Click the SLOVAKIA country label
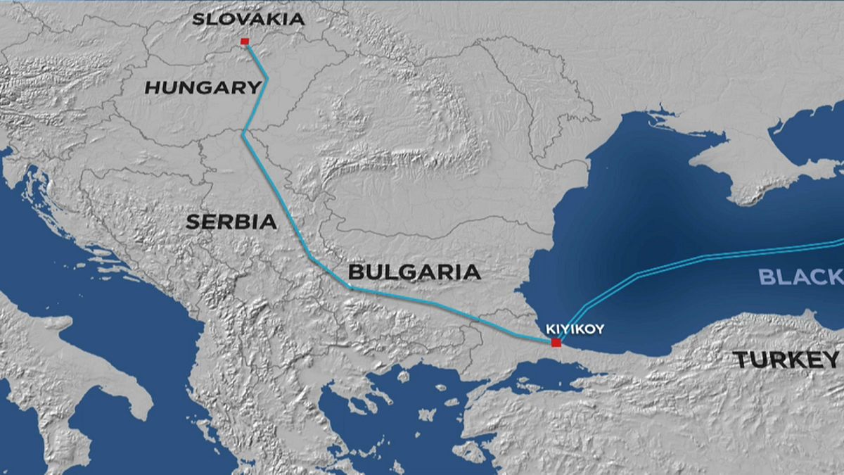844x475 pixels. point(248,19)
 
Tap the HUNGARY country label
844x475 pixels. point(203,87)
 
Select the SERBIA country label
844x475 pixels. point(231,222)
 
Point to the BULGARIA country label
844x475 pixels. point(414,272)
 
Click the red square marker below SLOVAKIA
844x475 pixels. point(244,42)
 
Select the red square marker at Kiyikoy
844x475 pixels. point(556,343)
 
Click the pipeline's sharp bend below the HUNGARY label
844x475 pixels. point(243,132)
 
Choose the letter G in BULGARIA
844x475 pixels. point(409,272)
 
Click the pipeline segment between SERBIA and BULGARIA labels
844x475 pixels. point(309,258)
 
